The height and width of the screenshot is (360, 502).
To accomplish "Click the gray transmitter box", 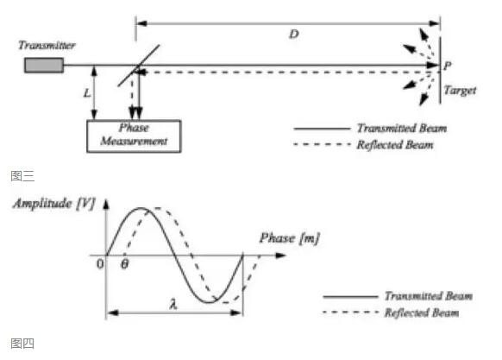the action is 44,65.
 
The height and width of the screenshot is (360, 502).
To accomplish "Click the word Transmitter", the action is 47,45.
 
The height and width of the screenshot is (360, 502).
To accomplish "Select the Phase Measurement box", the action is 134,136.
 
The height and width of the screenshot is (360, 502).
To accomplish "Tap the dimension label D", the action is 294,34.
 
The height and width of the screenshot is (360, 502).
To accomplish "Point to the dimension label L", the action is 87,93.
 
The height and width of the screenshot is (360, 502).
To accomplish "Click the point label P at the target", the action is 448,66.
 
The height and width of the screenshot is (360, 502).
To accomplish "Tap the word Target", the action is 460,91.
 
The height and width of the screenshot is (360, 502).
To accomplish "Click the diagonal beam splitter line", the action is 139,66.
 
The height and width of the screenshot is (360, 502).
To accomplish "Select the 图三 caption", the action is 22,176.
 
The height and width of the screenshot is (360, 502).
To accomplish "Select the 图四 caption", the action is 22,344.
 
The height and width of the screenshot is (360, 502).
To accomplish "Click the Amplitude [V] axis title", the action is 54,204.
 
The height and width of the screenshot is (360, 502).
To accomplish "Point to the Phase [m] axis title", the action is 290,238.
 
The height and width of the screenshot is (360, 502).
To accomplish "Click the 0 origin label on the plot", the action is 100,264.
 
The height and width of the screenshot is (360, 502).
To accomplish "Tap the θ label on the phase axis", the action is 124,264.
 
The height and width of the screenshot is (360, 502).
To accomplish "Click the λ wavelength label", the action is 173,304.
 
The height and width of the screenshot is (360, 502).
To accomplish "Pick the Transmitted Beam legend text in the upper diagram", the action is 402,129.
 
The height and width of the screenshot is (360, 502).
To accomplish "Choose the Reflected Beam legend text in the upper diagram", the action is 395,145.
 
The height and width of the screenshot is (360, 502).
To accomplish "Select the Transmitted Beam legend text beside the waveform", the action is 429,296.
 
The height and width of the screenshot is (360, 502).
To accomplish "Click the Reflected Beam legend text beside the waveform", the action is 422,313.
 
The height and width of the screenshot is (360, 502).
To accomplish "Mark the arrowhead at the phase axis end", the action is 281,256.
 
